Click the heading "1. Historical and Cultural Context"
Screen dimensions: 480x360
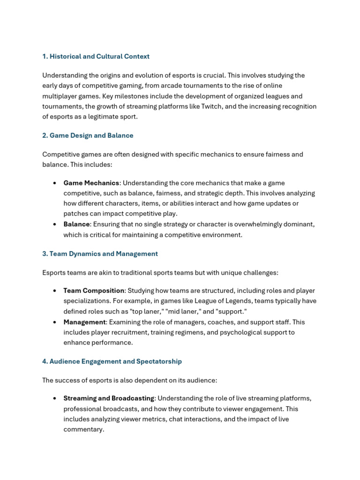pos(96,56)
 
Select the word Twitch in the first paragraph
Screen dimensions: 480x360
pos(212,106)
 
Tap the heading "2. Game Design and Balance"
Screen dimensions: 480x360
pos(88,135)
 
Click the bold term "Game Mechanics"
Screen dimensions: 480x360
pos(91,183)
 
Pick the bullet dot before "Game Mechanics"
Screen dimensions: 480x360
pos(55,183)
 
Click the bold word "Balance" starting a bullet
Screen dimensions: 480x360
pos(76,224)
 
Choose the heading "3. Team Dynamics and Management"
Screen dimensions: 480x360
pos(100,254)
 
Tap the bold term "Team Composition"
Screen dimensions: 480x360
pos(94,291)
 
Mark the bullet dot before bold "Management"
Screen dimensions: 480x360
pos(55,322)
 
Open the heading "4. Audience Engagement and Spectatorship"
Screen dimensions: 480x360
pos(112,361)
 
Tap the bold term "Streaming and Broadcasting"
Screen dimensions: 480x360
pos(109,398)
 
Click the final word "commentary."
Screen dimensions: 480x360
pos(83,429)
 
